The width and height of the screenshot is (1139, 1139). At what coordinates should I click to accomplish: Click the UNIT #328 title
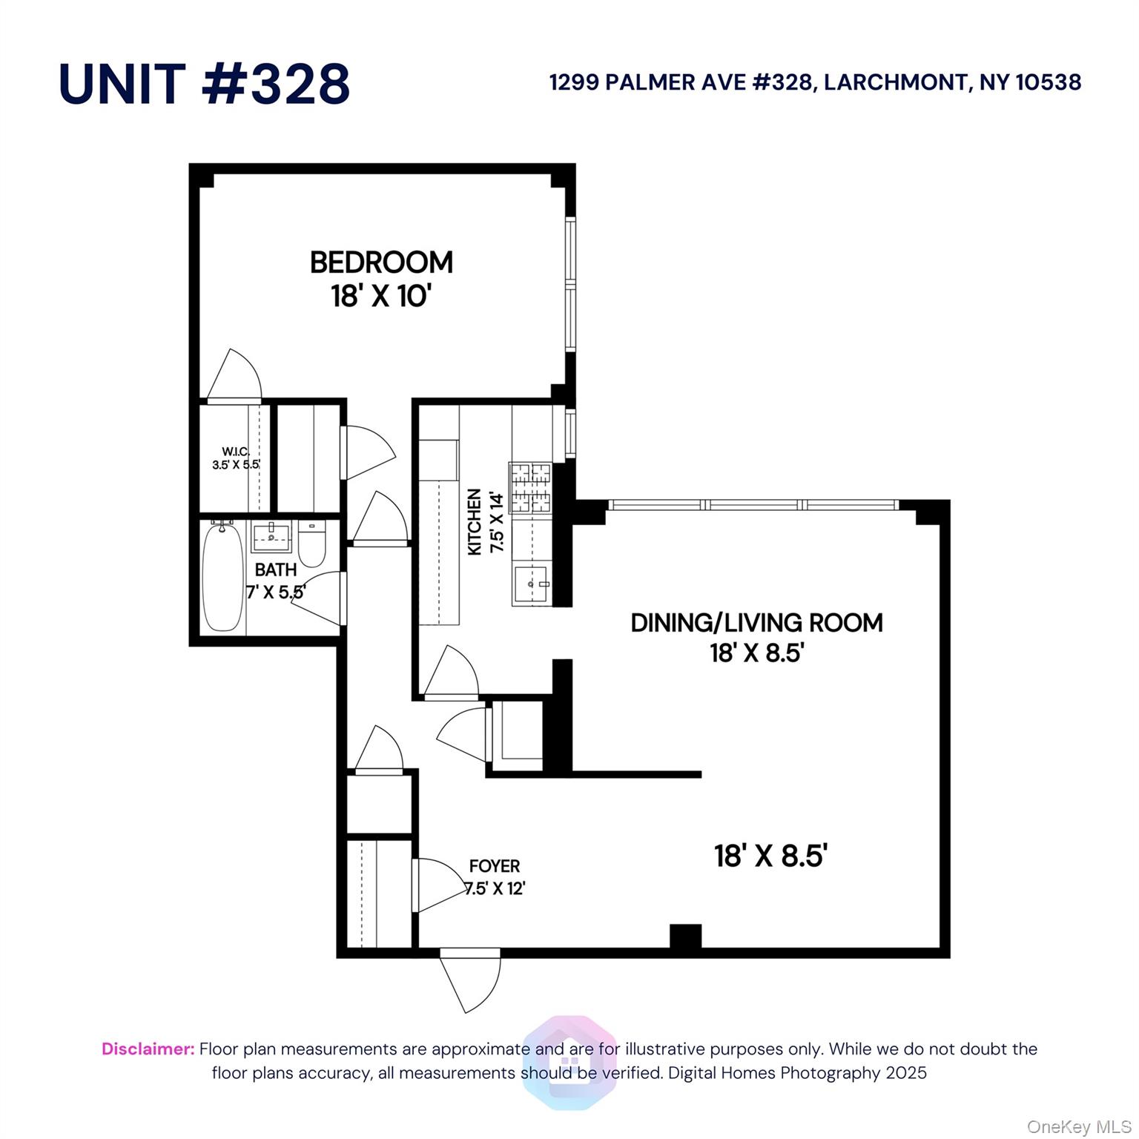click(204, 83)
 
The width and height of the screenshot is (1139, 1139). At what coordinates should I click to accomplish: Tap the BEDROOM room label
click(381, 263)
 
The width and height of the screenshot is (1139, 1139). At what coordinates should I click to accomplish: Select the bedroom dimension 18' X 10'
click(381, 297)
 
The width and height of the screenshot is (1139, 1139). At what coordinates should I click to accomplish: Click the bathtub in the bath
click(222, 577)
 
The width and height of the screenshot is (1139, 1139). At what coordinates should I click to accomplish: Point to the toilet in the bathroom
click(312, 545)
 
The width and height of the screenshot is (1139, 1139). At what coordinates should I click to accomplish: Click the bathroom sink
click(271, 536)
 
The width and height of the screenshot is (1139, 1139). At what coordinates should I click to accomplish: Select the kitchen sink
click(530, 584)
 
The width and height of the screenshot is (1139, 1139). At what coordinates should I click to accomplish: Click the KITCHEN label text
click(475, 521)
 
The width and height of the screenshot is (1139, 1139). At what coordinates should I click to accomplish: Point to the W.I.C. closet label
click(236, 452)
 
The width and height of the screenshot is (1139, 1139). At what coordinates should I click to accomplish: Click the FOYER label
click(495, 866)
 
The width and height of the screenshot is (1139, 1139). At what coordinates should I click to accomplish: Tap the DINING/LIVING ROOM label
click(756, 623)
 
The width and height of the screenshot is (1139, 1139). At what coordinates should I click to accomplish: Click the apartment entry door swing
click(469, 979)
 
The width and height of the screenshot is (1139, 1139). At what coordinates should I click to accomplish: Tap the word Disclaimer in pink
click(148, 1049)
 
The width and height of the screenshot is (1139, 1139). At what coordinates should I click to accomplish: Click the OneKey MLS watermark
click(1078, 1127)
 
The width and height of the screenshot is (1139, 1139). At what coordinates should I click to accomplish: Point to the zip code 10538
click(1048, 82)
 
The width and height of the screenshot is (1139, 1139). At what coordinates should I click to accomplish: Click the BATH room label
click(275, 569)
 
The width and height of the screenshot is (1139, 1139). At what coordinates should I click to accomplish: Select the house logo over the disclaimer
click(569, 1062)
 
